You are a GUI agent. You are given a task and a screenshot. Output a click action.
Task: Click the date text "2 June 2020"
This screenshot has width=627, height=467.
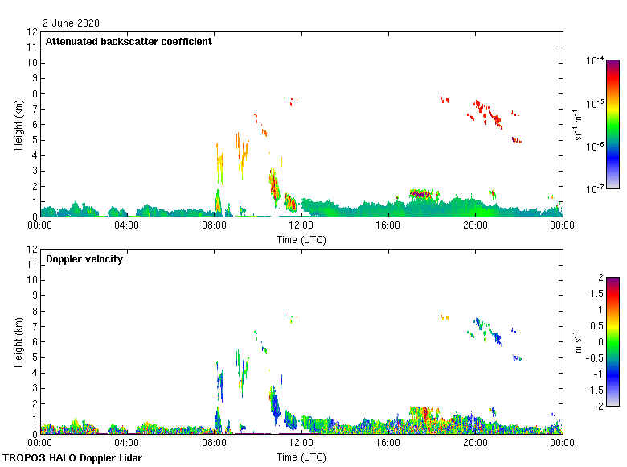tap(72, 23)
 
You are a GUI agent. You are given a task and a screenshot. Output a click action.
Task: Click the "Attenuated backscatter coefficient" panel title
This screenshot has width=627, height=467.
tap(129, 42)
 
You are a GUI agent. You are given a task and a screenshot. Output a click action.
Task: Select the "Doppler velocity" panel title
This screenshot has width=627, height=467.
tap(84, 259)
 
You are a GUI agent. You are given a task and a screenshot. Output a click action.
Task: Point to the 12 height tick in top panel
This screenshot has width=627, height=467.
tap(33, 32)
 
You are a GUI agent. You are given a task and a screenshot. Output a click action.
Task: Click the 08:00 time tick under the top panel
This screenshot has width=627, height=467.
tap(214, 225)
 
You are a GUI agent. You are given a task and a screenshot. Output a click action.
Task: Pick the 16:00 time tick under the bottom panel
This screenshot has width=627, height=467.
tap(388, 443)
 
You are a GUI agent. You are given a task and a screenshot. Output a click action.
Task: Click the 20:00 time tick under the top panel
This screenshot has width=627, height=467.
tap(475, 225)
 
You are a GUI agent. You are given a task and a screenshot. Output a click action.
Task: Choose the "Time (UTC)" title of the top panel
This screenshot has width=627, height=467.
tap(301, 239)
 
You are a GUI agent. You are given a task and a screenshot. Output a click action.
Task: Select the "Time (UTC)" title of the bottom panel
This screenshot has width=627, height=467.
tap(301, 457)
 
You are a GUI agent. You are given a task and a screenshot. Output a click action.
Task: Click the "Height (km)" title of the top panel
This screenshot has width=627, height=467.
tap(18, 125)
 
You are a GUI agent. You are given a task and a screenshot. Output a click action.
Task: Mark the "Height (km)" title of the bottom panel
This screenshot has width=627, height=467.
tap(18, 342)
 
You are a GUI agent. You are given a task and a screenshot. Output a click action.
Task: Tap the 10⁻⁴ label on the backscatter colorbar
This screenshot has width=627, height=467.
tap(596, 60)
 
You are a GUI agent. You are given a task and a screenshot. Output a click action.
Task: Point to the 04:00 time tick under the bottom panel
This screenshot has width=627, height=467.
tap(127, 443)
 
